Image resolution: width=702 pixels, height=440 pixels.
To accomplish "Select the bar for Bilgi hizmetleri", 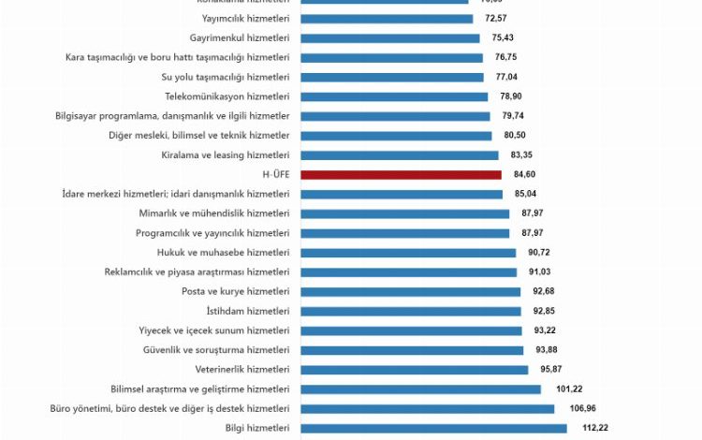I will coord(433,428).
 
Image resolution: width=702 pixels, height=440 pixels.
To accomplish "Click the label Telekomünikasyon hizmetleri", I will coord(227,96).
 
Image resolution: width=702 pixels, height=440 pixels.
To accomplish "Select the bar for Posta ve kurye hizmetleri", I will coord(410,291).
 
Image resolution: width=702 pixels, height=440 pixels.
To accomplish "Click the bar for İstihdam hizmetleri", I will coord(410,311).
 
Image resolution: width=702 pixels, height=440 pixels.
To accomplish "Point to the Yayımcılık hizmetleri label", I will coord(245,18).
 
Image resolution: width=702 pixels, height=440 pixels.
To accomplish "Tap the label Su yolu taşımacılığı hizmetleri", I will coord(226,77).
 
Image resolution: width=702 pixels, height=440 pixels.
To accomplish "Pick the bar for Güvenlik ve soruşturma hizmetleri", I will coord(412,349).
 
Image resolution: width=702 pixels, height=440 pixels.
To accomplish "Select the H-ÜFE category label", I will coord(277,174).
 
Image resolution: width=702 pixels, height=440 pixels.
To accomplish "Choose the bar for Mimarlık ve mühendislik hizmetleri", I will coord(404,213).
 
